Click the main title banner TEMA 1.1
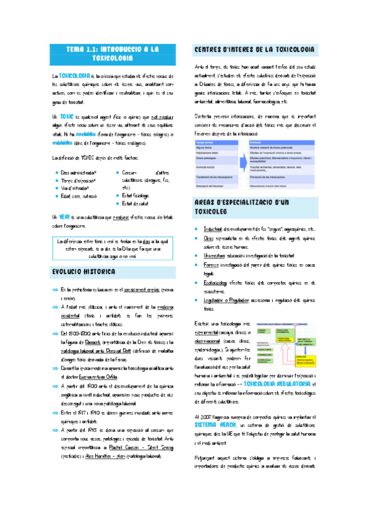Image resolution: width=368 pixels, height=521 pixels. (112, 53)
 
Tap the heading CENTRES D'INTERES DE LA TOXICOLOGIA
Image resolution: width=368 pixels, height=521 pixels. (256, 49)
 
